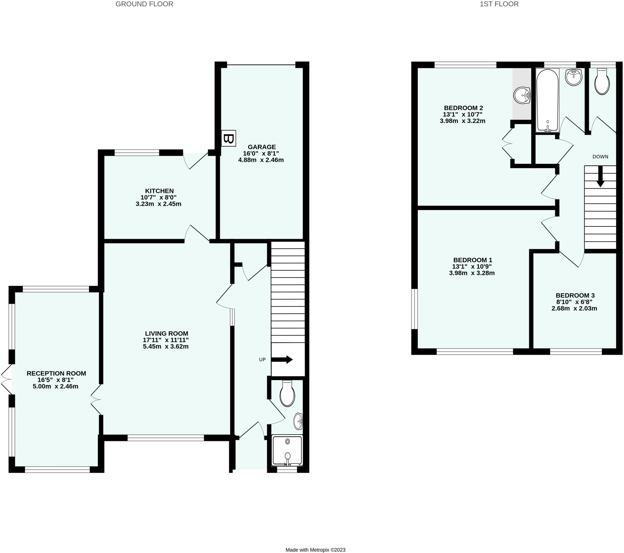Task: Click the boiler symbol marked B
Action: point(228,138)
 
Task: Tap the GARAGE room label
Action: point(262,147)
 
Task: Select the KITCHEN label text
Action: point(159,191)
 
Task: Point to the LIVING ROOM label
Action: point(166,333)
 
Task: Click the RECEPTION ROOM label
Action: point(56,373)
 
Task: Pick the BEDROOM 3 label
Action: point(575,295)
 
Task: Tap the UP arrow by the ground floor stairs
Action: point(282,360)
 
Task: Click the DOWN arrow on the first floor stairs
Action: point(600,177)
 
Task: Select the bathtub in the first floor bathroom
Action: point(548,100)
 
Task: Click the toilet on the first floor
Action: point(602,82)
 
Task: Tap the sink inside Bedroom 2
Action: point(522,96)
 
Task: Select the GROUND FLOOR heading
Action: point(144,4)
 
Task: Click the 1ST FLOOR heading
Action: point(499,4)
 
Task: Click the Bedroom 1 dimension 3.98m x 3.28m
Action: point(472,273)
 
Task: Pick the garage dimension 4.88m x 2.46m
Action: point(261,160)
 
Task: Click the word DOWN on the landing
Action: point(600,157)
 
